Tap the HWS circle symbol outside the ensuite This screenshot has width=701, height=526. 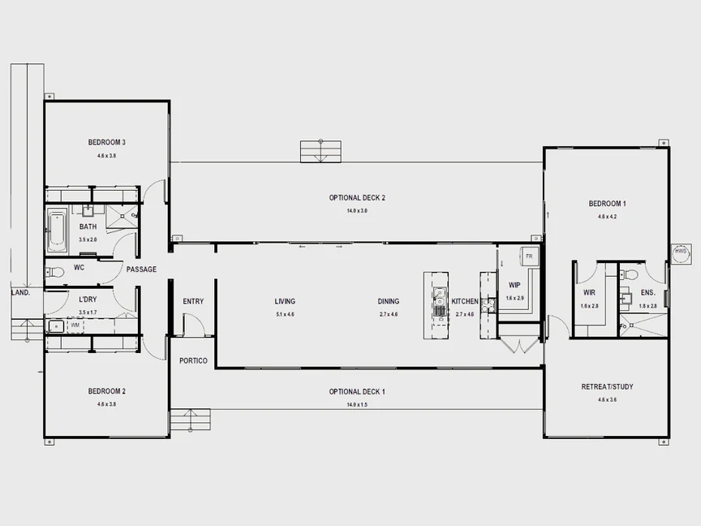pyautogui.click(x=680, y=252)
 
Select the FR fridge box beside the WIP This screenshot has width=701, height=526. pyautogui.click(x=529, y=256)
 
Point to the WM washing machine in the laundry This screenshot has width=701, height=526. pyautogui.click(x=75, y=325)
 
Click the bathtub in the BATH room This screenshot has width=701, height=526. pyautogui.click(x=56, y=230)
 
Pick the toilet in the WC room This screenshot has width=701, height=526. pyautogui.click(x=55, y=272)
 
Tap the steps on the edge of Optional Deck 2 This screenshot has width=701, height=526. pyautogui.click(x=320, y=151)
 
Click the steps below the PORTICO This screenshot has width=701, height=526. pyautogui.click(x=190, y=422)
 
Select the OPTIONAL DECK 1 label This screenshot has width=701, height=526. pyautogui.click(x=357, y=392)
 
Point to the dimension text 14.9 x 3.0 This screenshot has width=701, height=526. pyautogui.click(x=357, y=210)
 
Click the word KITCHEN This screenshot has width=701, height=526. pyautogui.click(x=465, y=301)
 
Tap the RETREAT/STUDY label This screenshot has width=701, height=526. pyautogui.click(x=607, y=386)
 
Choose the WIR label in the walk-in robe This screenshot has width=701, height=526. pyautogui.click(x=589, y=292)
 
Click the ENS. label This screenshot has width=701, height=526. pyautogui.click(x=647, y=292)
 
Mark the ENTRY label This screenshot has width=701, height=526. pyautogui.click(x=193, y=301)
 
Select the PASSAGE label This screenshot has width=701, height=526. pyautogui.click(x=141, y=269)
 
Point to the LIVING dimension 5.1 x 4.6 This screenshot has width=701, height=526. pyautogui.click(x=285, y=314)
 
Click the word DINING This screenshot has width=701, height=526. pyautogui.click(x=389, y=301)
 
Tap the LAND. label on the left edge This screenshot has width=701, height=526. pyautogui.click(x=20, y=292)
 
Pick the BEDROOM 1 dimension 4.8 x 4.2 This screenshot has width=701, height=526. pyautogui.click(x=607, y=217)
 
